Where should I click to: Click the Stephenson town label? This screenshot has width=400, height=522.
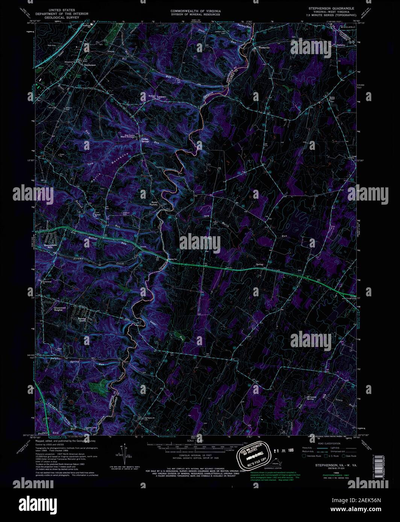click(90, 65)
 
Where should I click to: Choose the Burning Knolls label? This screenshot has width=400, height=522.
click(82, 320)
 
